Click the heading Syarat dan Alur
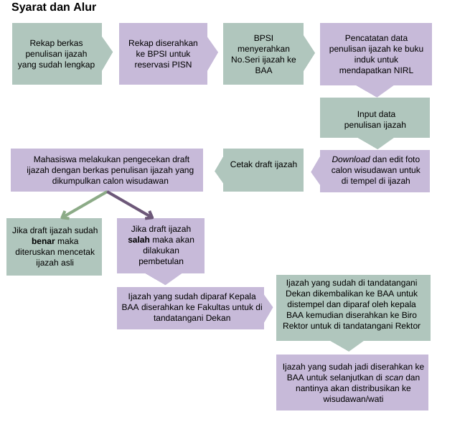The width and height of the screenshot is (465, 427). (54, 8)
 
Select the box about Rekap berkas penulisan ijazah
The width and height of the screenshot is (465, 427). (57, 54)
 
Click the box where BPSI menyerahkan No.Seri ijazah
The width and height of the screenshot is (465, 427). (263, 54)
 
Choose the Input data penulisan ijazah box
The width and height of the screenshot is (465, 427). (375, 118)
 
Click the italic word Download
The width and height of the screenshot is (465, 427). (350, 159)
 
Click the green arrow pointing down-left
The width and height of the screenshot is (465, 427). (82, 205)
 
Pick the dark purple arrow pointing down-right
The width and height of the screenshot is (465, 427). (131, 205)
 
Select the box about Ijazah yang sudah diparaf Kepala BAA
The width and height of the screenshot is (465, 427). (191, 306)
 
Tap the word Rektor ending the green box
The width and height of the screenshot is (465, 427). (406, 326)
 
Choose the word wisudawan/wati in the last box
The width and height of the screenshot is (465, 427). (352, 399)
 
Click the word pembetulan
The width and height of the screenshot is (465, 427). (161, 261)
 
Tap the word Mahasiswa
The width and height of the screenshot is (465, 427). (55, 159)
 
